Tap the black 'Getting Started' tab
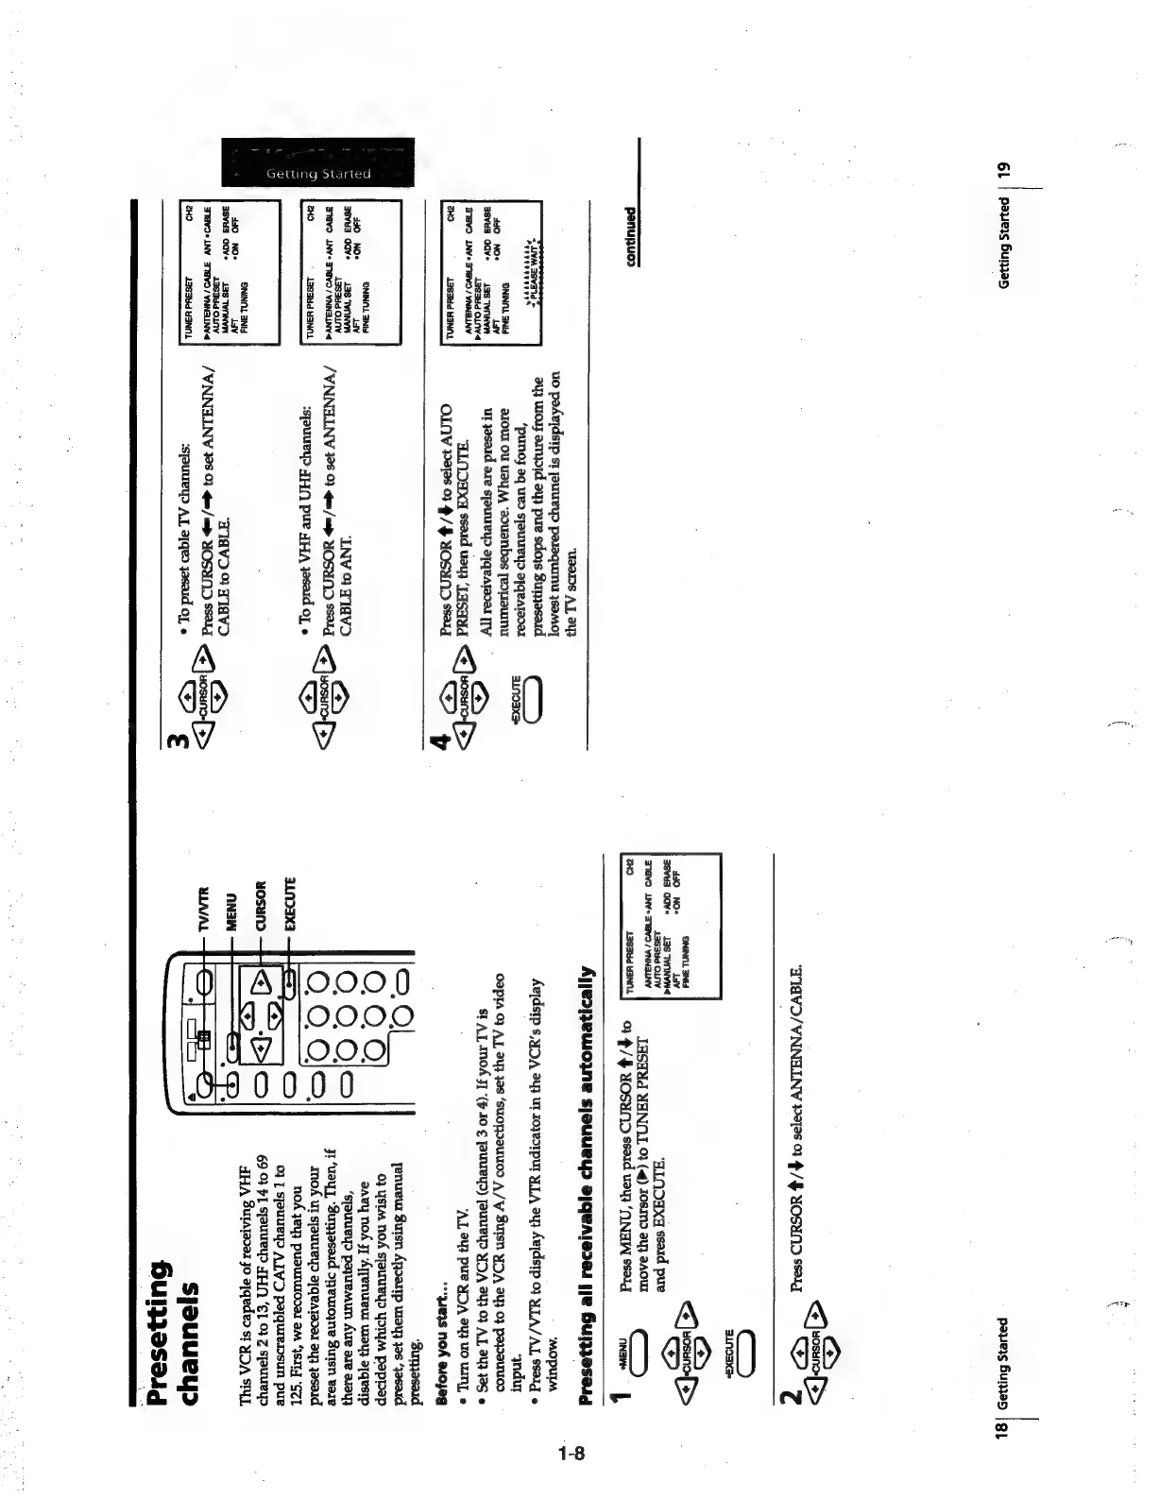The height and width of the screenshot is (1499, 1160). click(x=317, y=163)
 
